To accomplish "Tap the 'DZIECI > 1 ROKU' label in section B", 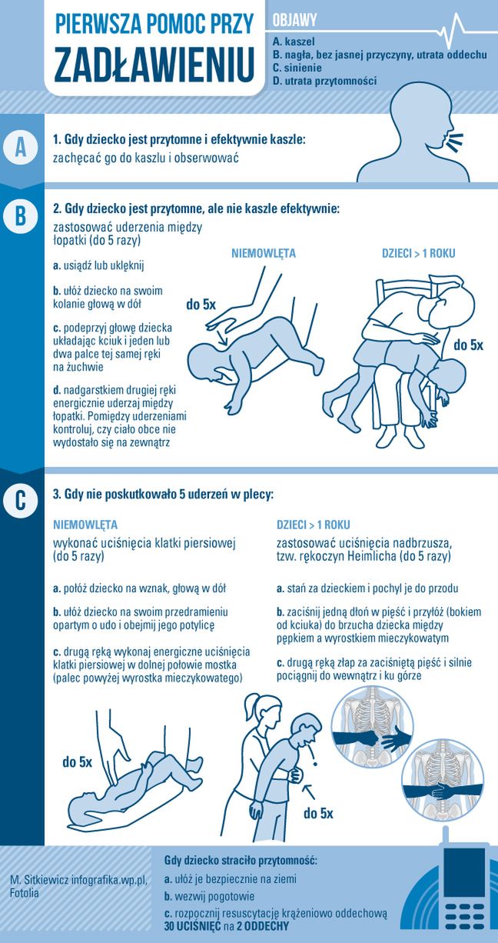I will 418,254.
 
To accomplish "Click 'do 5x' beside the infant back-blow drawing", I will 201,305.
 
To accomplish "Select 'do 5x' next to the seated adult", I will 468,345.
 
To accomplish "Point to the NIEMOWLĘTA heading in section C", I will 85,525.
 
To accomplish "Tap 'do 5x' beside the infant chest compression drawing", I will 78,762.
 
